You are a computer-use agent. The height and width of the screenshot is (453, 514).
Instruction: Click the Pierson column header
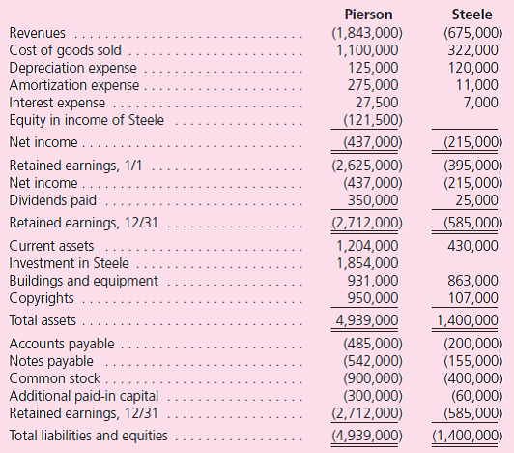click(x=373, y=15)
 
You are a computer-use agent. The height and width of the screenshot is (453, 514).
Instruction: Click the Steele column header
click(x=473, y=15)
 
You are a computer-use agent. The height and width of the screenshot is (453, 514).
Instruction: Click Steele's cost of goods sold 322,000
click(x=474, y=51)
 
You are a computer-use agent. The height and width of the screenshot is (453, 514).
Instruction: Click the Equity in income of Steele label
click(x=86, y=120)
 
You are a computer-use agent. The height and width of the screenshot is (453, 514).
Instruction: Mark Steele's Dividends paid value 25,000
click(x=478, y=200)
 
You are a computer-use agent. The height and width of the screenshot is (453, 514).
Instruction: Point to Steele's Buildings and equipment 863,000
click(x=474, y=281)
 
